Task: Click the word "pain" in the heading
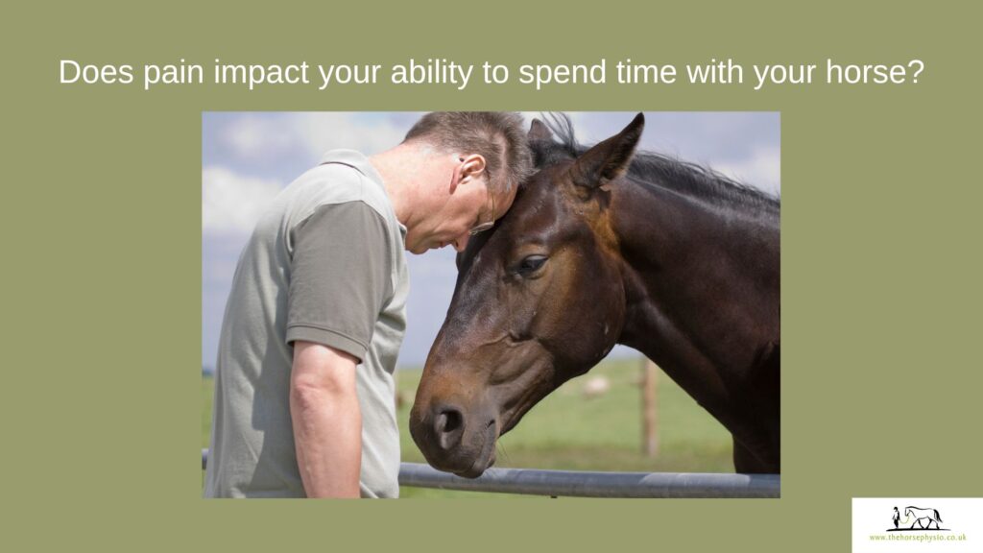(x=174, y=73)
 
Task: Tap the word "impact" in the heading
(x=261, y=73)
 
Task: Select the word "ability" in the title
(x=431, y=73)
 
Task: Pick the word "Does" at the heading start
(x=96, y=72)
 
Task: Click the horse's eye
(x=530, y=264)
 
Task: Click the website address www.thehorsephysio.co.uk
(x=918, y=538)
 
